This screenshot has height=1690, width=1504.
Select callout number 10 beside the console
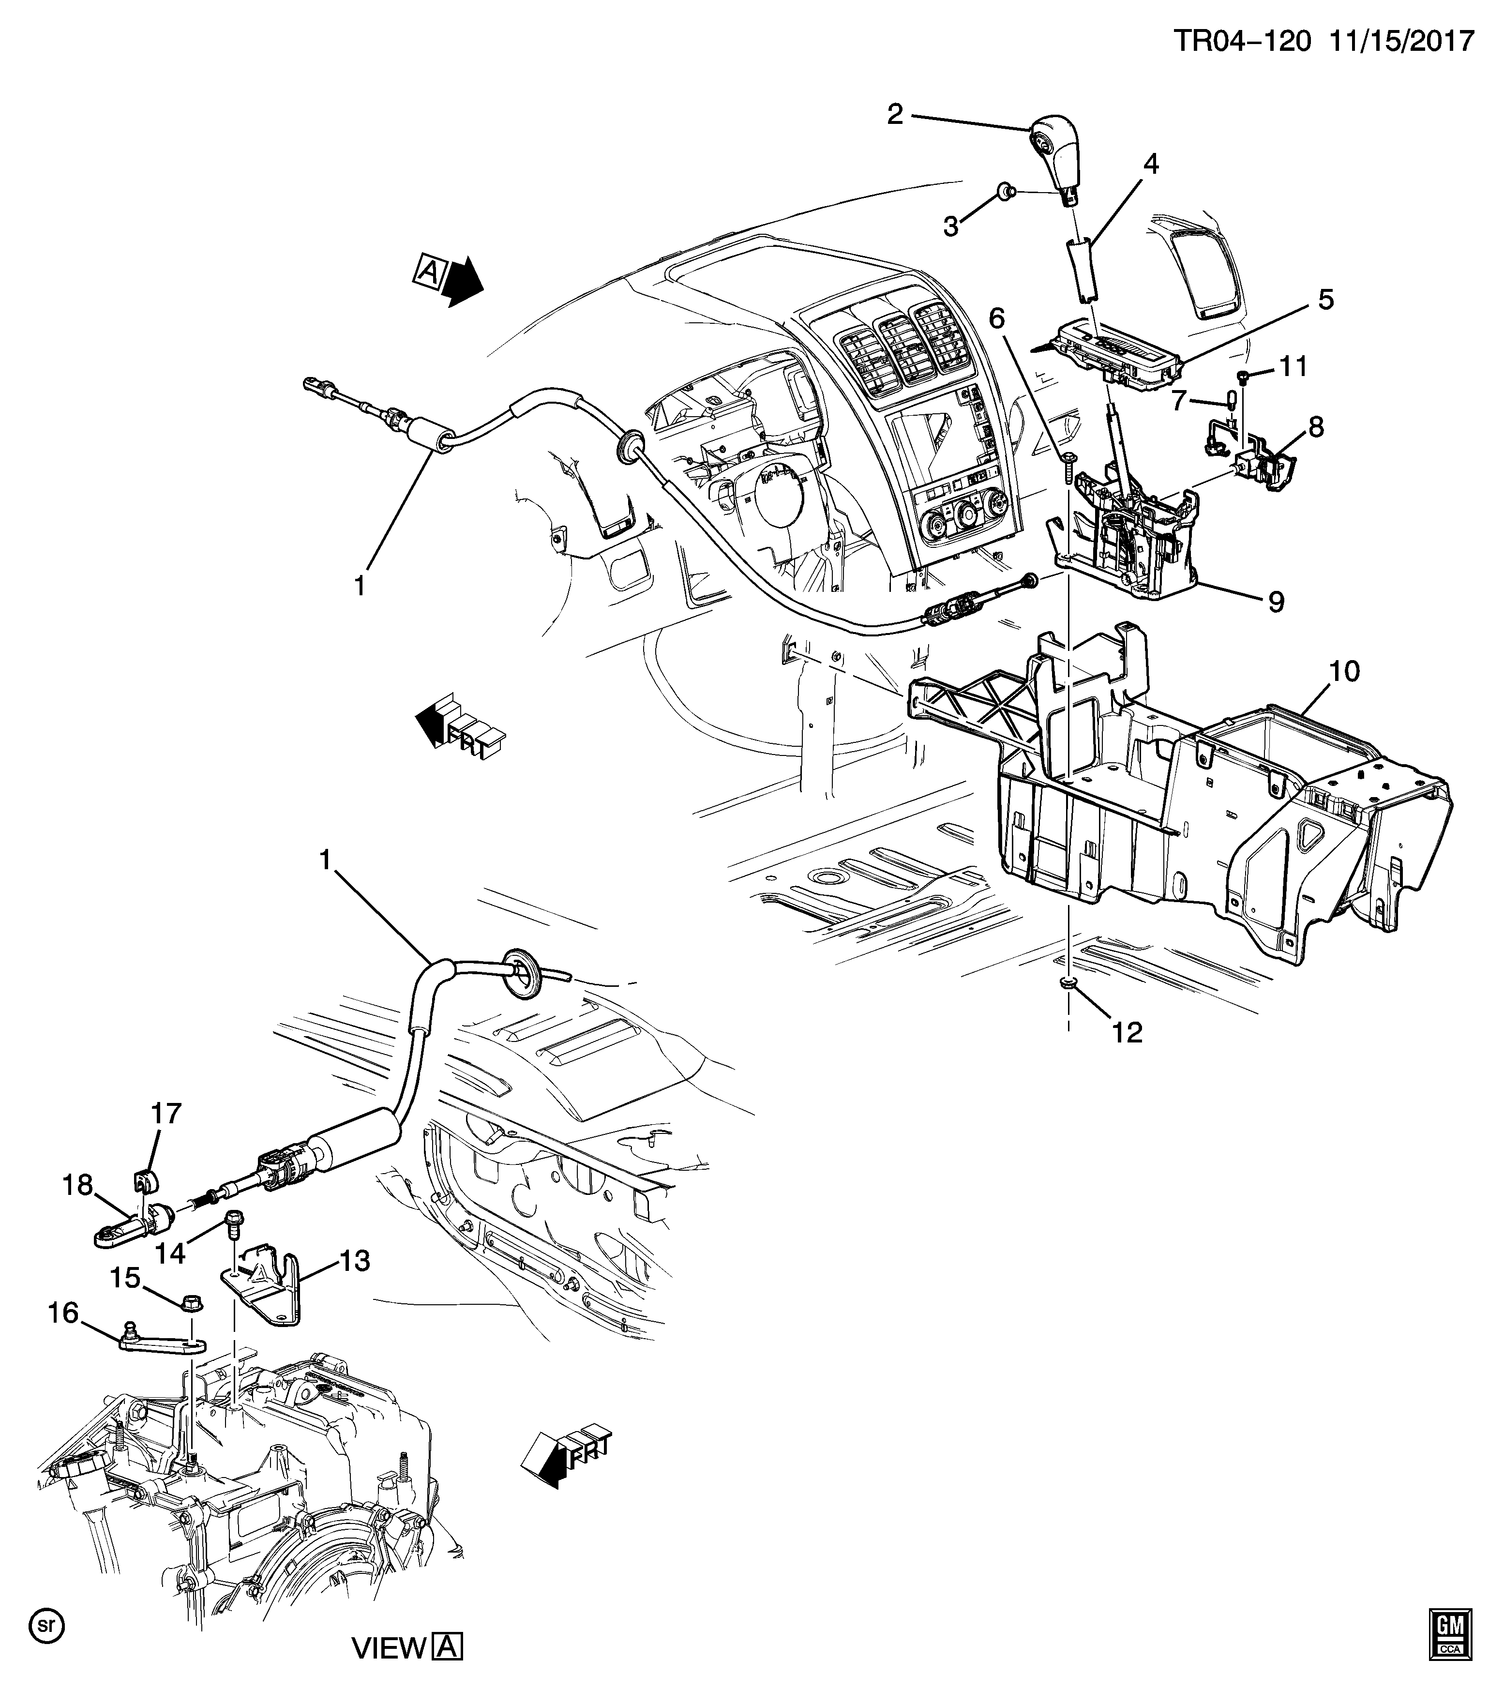click(1344, 671)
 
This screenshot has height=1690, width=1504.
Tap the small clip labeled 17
click(146, 1179)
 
